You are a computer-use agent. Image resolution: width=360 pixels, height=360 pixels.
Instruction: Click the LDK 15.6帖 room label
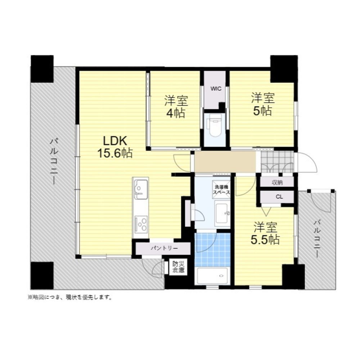point(115,147)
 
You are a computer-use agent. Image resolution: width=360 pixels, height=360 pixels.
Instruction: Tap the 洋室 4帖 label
point(176,107)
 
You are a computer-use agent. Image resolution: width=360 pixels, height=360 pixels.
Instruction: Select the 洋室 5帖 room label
point(263,104)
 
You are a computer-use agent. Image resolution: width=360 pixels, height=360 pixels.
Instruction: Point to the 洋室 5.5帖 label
point(265,234)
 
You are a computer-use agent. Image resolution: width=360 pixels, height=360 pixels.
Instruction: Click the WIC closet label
point(216,89)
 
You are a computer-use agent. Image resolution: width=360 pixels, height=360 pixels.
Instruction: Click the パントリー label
point(164,248)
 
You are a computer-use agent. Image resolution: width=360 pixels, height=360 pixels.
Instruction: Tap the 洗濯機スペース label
point(221,190)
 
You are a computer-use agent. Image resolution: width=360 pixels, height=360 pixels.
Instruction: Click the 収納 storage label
point(277,183)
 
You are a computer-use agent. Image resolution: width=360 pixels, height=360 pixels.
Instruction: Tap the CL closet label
point(279,197)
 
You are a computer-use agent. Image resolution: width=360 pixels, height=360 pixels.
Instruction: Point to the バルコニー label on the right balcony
point(317,238)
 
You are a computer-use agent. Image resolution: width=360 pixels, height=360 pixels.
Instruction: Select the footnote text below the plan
point(70,298)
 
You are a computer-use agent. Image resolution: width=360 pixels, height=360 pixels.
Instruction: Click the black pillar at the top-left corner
point(42,69)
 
